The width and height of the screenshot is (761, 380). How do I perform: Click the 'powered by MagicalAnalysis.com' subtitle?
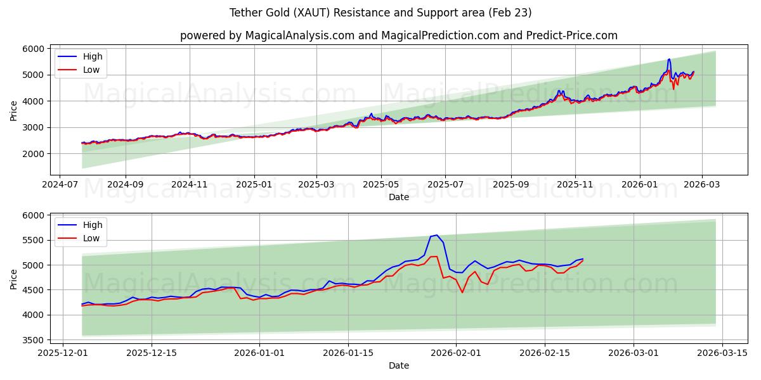pos(398,35)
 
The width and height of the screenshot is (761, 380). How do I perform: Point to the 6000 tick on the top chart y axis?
pos(34,49)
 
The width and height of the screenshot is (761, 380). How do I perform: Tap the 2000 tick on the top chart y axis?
pos(34,154)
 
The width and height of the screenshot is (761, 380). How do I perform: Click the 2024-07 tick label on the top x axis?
pos(60,185)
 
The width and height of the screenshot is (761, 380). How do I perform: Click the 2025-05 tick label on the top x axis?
pos(380,185)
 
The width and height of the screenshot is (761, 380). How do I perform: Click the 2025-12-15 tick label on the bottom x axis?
pos(152,353)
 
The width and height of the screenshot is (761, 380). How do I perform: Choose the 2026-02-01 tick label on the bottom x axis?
pos(456,353)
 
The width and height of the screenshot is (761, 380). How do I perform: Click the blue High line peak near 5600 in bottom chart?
pos(436,235)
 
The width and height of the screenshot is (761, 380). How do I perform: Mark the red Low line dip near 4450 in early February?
pos(462,292)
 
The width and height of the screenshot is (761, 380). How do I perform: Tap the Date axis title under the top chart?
pos(398,197)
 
